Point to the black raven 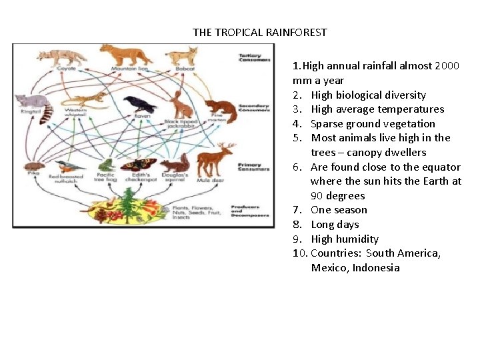[x=139, y=103]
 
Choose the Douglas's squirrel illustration [x=177, y=164]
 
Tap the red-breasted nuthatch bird [x=69, y=167]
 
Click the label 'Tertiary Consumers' [x=255, y=57]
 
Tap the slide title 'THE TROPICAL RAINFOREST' [x=260, y=32]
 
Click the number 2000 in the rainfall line [x=447, y=66]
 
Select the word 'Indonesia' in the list [x=376, y=268]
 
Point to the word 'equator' [x=441, y=167]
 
